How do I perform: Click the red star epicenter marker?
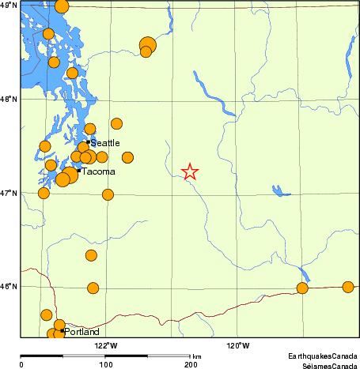tap(190, 172)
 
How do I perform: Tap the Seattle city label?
tap(105, 143)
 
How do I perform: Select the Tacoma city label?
tap(98, 171)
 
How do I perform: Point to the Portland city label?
tap(81, 333)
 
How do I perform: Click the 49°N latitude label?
tap(9, 6)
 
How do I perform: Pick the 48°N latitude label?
tap(9, 100)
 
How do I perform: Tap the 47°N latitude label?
tap(9, 193)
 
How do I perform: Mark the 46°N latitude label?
tap(9, 286)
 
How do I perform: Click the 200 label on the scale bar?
tap(190, 364)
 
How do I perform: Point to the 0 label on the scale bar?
tap(21, 364)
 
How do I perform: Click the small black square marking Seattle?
tap(89, 142)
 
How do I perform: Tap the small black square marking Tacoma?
tap(79, 170)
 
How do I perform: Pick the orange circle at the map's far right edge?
tap(347, 287)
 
